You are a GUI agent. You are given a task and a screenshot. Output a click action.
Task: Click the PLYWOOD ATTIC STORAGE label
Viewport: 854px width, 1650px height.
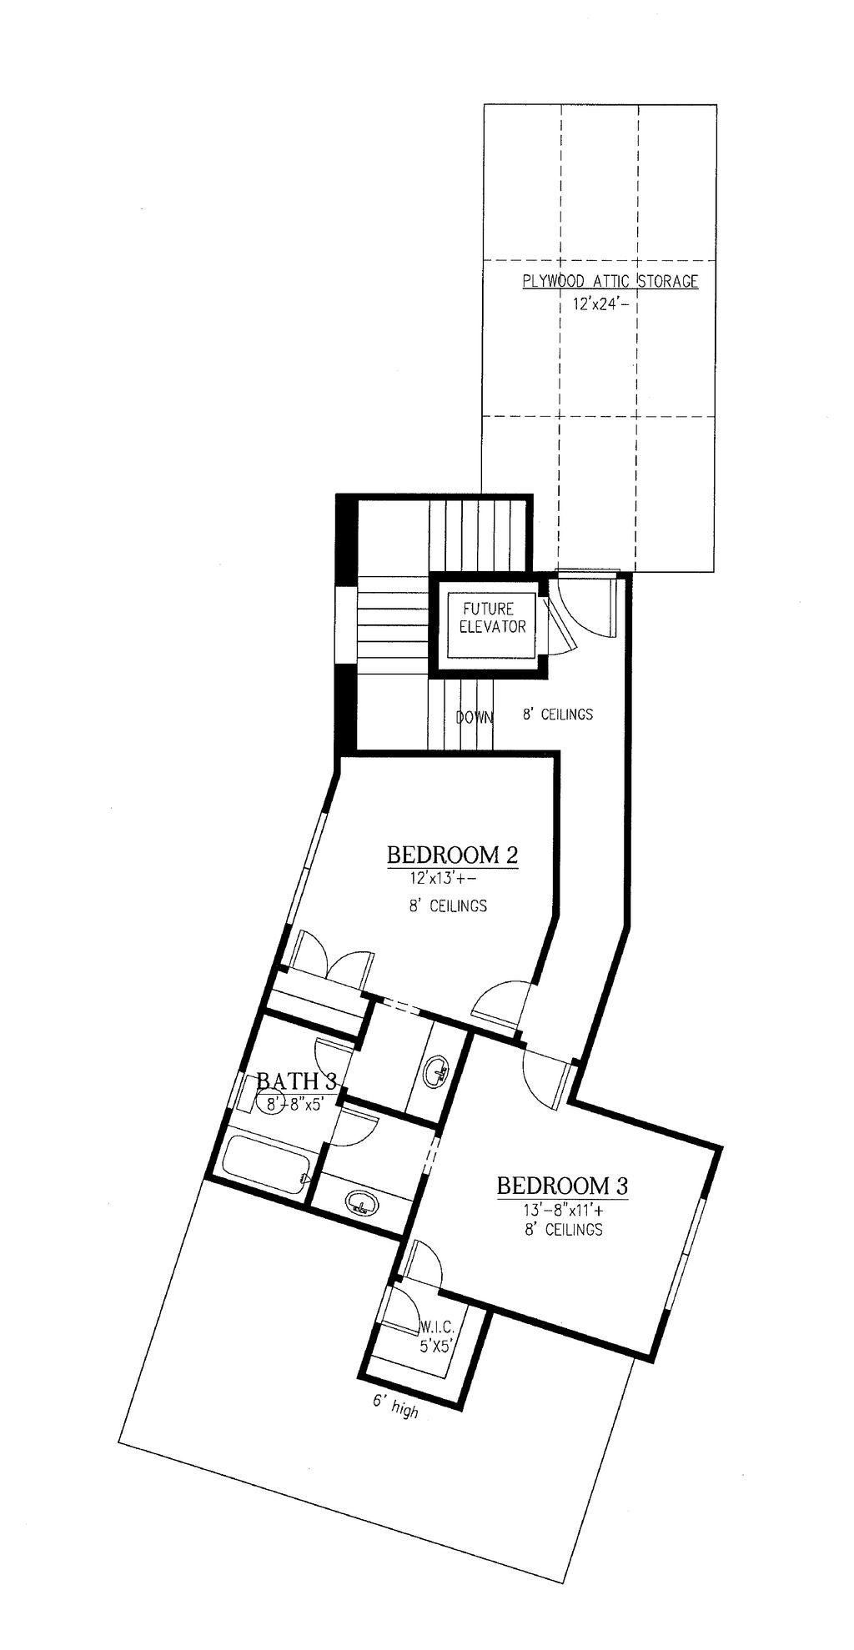click(x=610, y=281)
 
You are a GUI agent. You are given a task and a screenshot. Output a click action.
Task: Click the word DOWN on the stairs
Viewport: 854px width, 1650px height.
click(x=474, y=716)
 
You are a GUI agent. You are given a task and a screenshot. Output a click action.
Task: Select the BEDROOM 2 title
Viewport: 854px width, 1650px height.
click(x=453, y=855)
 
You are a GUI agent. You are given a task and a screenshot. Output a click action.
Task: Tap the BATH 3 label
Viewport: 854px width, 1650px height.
click(x=296, y=1081)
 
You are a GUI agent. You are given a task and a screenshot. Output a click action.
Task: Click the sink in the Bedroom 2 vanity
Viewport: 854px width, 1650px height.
click(x=437, y=1071)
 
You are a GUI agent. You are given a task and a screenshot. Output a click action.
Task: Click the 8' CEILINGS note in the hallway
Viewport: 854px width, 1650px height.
click(x=558, y=714)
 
